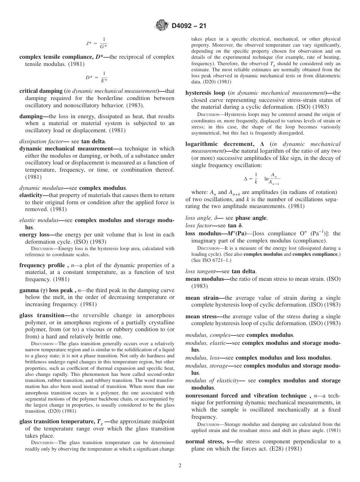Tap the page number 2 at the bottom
coord(180,466)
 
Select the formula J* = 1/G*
coord(97,43)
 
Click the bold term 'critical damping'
coord(41,91)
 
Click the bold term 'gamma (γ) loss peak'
coord(47,290)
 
